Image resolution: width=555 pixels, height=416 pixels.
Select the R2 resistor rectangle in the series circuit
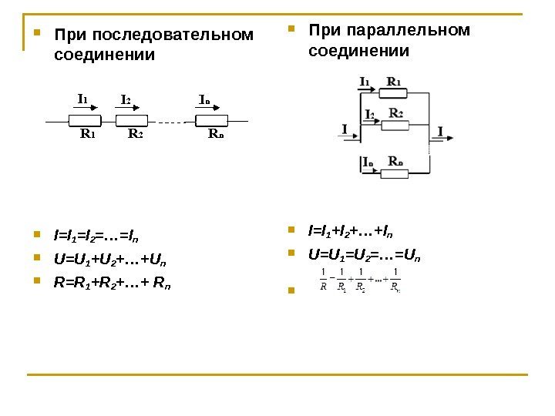[x=135, y=119]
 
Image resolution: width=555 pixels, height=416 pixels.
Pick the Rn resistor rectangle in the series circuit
[x=211, y=119]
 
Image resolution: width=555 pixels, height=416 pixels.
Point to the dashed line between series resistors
[x=174, y=121]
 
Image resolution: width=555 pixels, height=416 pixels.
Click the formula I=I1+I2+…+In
[x=349, y=231]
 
